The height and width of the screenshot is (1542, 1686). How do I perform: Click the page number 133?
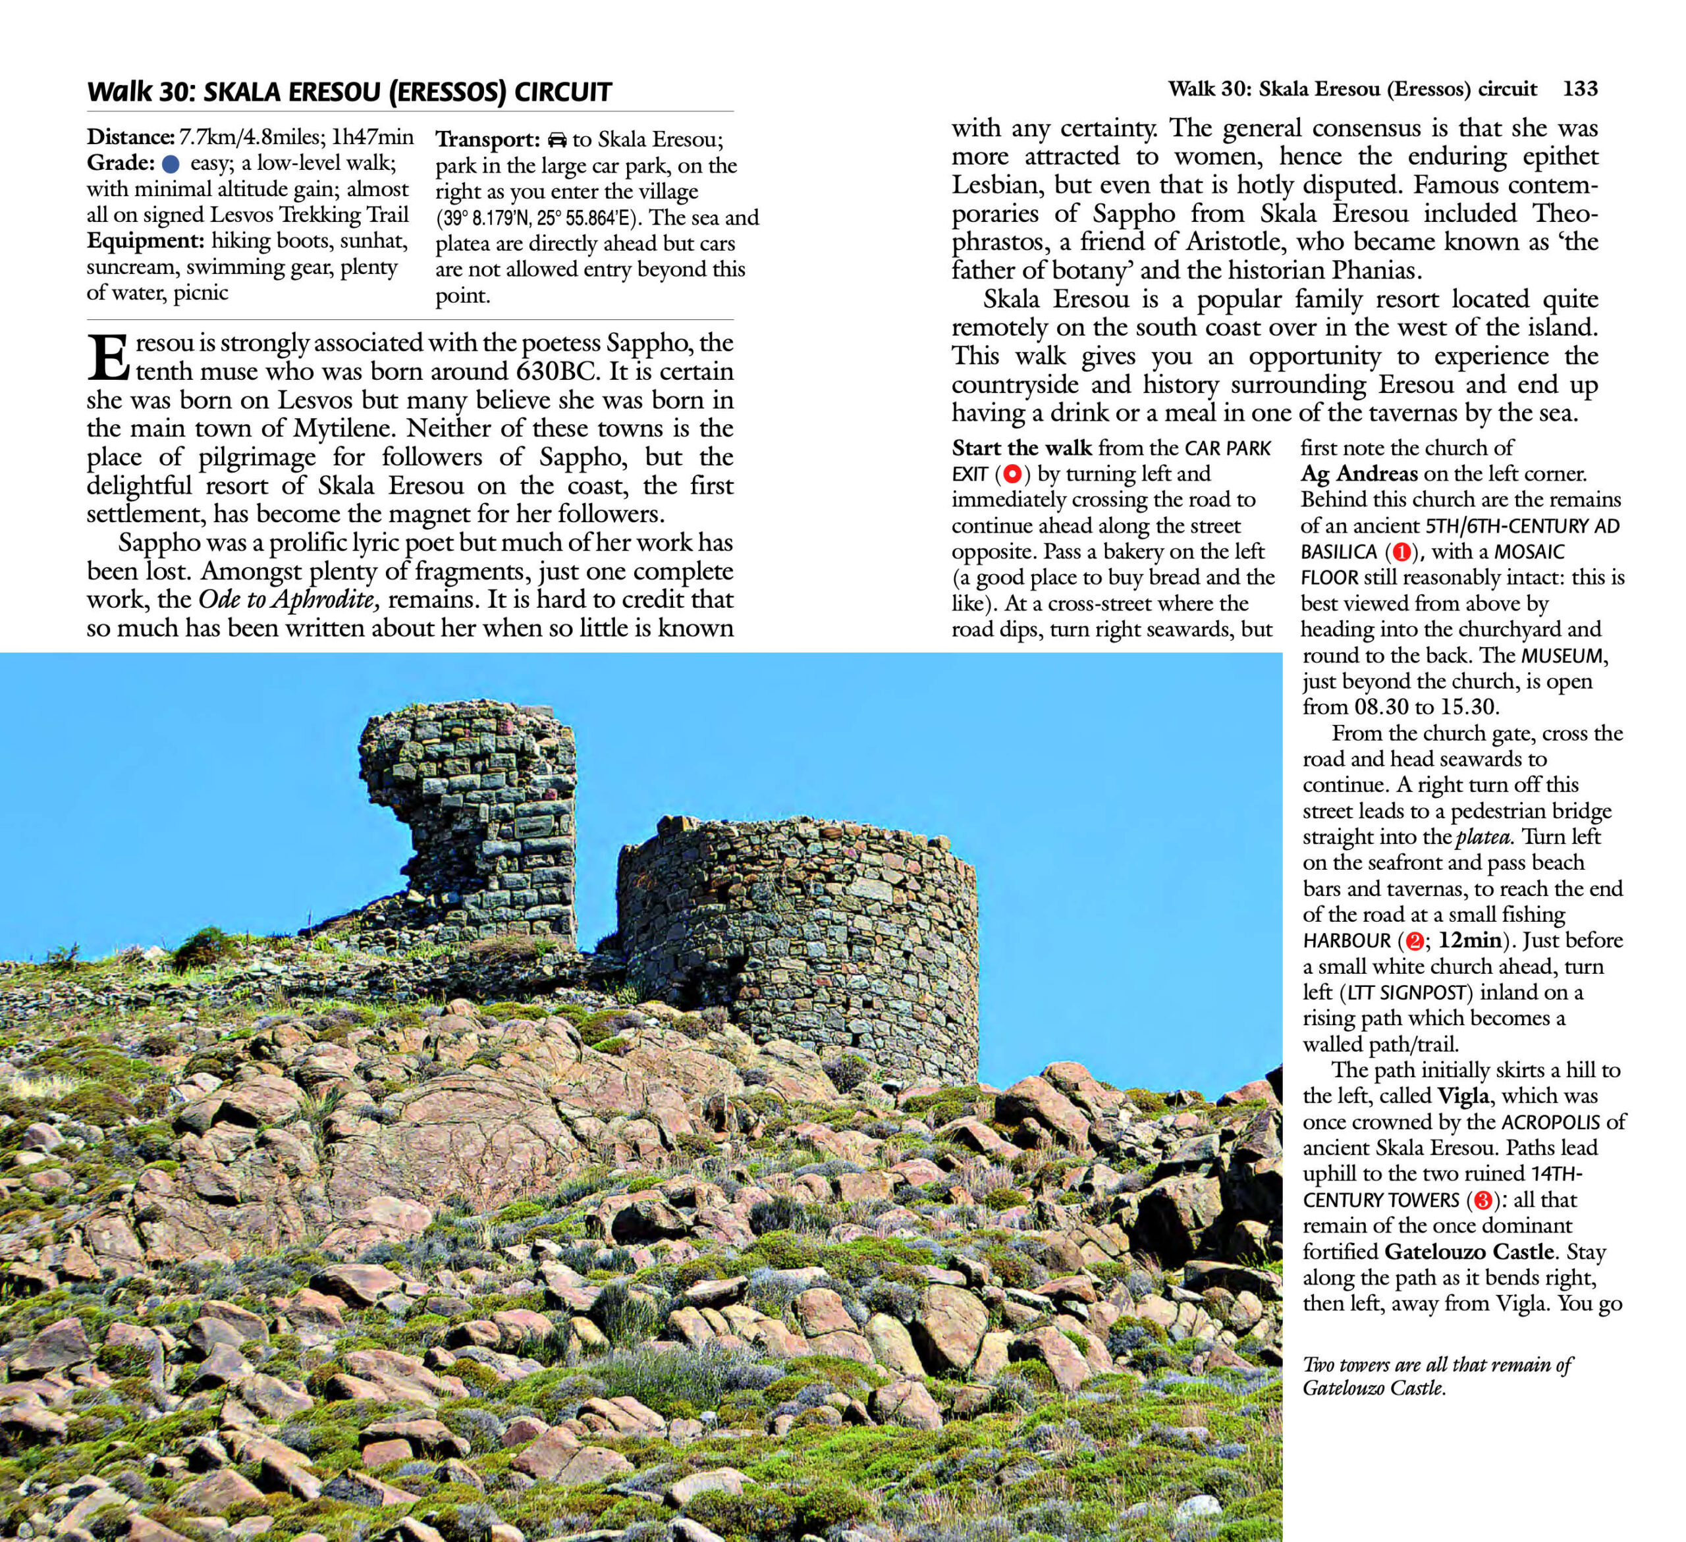coord(1580,89)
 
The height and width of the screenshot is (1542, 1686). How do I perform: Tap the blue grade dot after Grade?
coord(171,163)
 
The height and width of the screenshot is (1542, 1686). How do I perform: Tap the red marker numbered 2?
coord(1415,941)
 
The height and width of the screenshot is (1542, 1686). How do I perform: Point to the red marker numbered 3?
coord(1482,1201)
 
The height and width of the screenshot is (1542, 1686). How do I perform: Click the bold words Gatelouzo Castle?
coord(1469,1252)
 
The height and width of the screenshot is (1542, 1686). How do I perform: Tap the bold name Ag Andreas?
coord(1359,474)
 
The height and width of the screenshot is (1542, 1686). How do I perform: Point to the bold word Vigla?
coord(1463,1096)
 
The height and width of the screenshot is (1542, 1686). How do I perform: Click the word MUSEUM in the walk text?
coord(1562,656)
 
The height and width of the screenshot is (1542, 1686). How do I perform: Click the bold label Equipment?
coord(146,241)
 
